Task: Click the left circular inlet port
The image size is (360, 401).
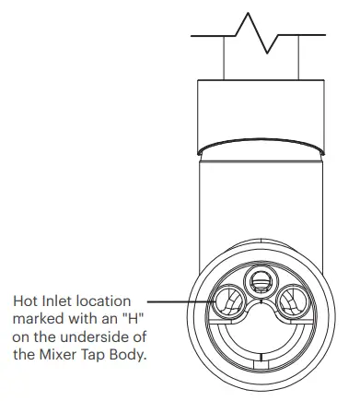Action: click(226, 301)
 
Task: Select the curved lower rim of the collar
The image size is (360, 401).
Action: click(260, 144)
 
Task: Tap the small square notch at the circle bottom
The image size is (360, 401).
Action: click(261, 382)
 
